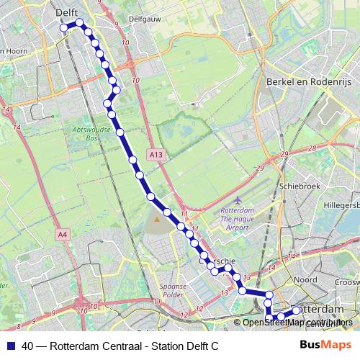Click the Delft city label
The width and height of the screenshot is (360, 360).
point(66,12)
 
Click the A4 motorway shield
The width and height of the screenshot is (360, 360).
point(63,234)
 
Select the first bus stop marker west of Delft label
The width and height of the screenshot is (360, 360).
point(64,27)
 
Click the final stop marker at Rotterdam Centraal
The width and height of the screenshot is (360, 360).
point(296,310)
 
